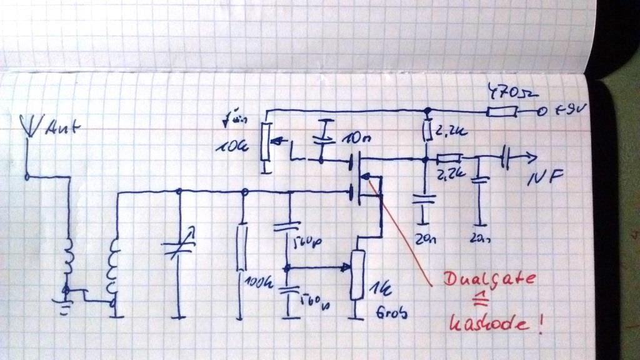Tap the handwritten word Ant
[x=61, y=130]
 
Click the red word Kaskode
[x=489, y=324]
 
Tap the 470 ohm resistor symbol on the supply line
[x=501, y=112]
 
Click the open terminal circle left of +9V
[x=537, y=112]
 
